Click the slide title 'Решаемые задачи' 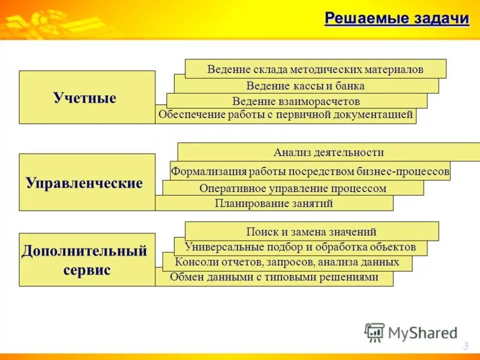[397, 19]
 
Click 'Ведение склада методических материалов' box [315, 69]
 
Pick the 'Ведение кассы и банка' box [305, 86]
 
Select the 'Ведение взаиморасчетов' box [296, 101]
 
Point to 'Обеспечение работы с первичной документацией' [286, 115]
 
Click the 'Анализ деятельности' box [328, 152]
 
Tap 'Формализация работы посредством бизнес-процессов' [310, 172]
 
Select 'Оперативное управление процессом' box [293, 188]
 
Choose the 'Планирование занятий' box [274, 203]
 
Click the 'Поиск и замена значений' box [311, 232]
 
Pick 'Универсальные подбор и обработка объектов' [300, 247]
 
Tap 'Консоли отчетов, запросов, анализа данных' [287, 262]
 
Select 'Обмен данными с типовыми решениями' [274, 278]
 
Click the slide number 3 [466, 346]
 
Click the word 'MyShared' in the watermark [422, 333]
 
